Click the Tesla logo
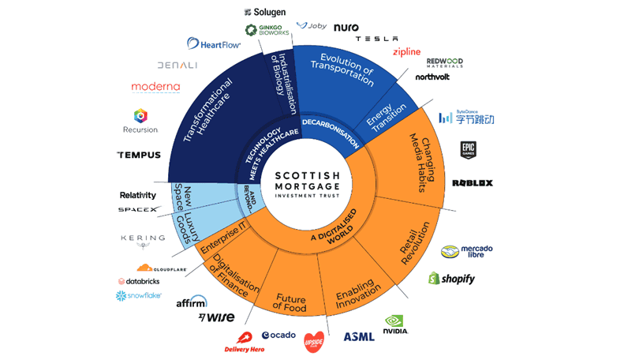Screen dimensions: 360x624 (376, 39)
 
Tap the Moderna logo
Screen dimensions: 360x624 (155, 86)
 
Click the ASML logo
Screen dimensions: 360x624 (359, 337)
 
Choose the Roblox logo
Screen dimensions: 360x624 (472, 183)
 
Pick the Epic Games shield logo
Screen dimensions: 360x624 (468, 150)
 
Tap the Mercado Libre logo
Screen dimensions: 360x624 (466, 251)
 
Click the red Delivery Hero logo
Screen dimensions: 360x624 (244, 343)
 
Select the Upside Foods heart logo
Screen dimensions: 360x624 (314, 341)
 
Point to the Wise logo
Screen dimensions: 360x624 (216, 317)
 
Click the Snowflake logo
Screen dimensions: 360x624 (139, 296)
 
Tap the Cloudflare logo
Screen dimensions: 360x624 (160, 268)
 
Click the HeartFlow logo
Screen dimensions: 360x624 (214, 44)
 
